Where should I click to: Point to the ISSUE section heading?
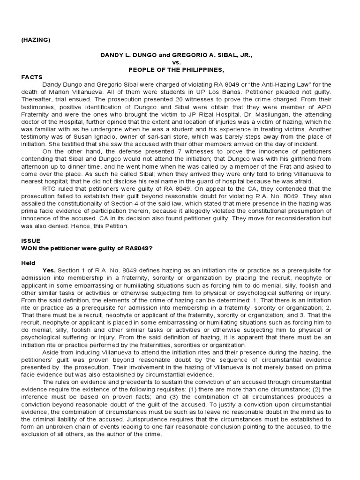pyautogui.click(x=30, y=240)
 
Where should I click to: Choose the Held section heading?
pyautogui.click(x=28, y=263)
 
